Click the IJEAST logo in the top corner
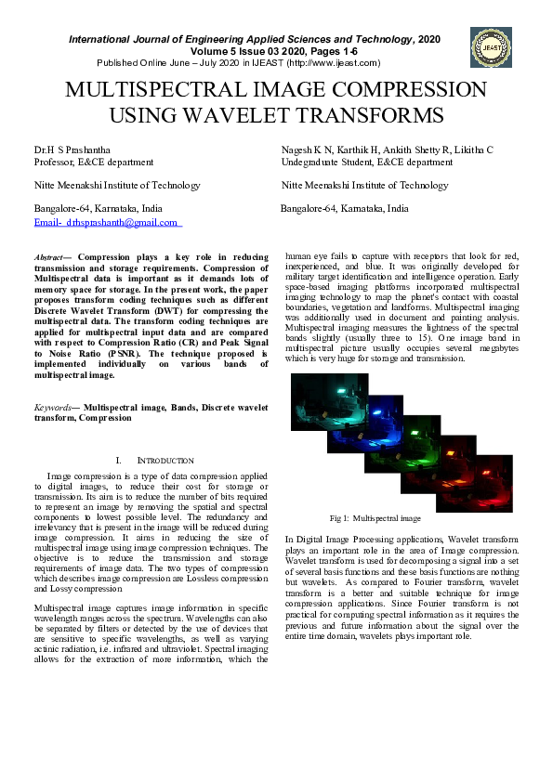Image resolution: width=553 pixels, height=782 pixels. [491, 46]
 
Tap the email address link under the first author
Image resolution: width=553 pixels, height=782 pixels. [106, 223]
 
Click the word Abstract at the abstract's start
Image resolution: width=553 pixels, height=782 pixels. [49, 255]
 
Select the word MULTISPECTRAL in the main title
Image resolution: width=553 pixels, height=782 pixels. [155, 91]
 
